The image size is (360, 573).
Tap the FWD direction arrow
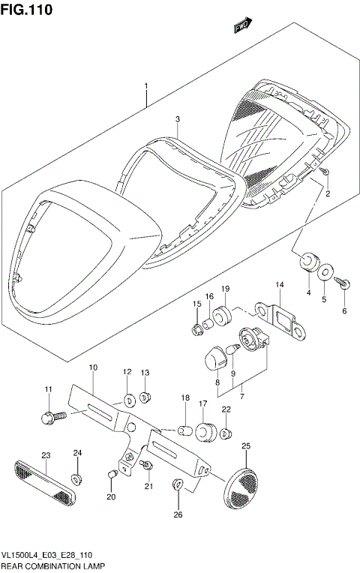[241, 25]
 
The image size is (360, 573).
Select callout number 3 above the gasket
[178, 119]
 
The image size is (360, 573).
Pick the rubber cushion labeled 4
[305, 262]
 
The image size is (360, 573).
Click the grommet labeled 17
[204, 433]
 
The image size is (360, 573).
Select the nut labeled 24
[77, 478]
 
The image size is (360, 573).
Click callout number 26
[178, 514]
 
